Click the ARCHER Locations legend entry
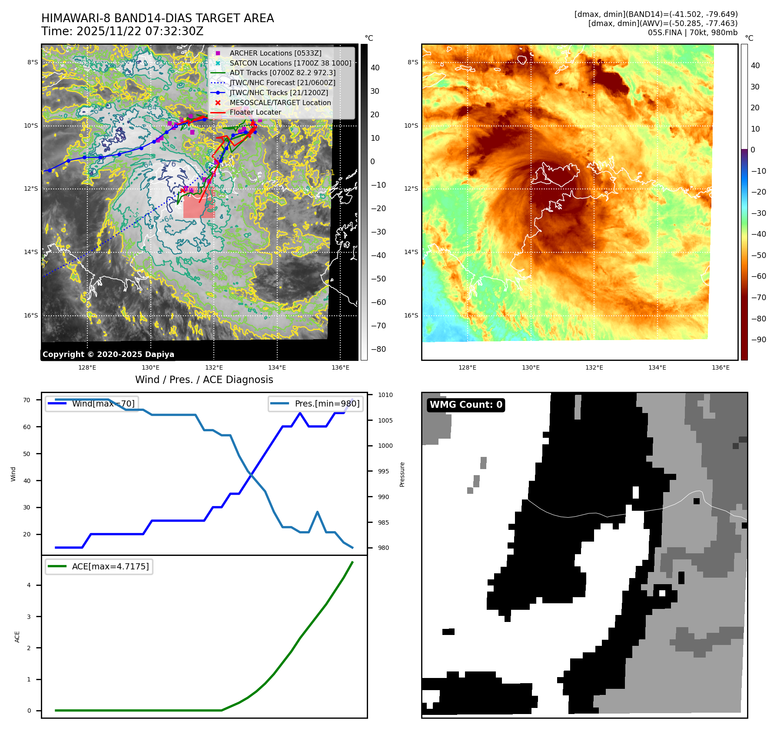(x=276, y=53)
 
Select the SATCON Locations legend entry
(x=290, y=63)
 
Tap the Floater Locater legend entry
(x=255, y=112)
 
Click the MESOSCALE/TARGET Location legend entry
(x=280, y=102)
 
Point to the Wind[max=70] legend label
(x=103, y=403)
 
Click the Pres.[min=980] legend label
(x=327, y=403)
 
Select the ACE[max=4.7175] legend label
(x=110, y=566)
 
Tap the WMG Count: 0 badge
(x=466, y=405)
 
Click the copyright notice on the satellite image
(x=108, y=354)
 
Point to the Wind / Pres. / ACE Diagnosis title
(x=204, y=380)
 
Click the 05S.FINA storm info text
(x=692, y=33)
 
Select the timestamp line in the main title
(x=122, y=31)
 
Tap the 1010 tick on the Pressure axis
(x=385, y=395)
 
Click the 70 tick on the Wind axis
(x=27, y=400)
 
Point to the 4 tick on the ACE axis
(x=29, y=585)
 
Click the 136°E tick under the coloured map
(x=720, y=367)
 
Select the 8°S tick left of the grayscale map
(x=33, y=62)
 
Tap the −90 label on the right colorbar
(x=758, y=340)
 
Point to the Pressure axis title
(x=402, y=474)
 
